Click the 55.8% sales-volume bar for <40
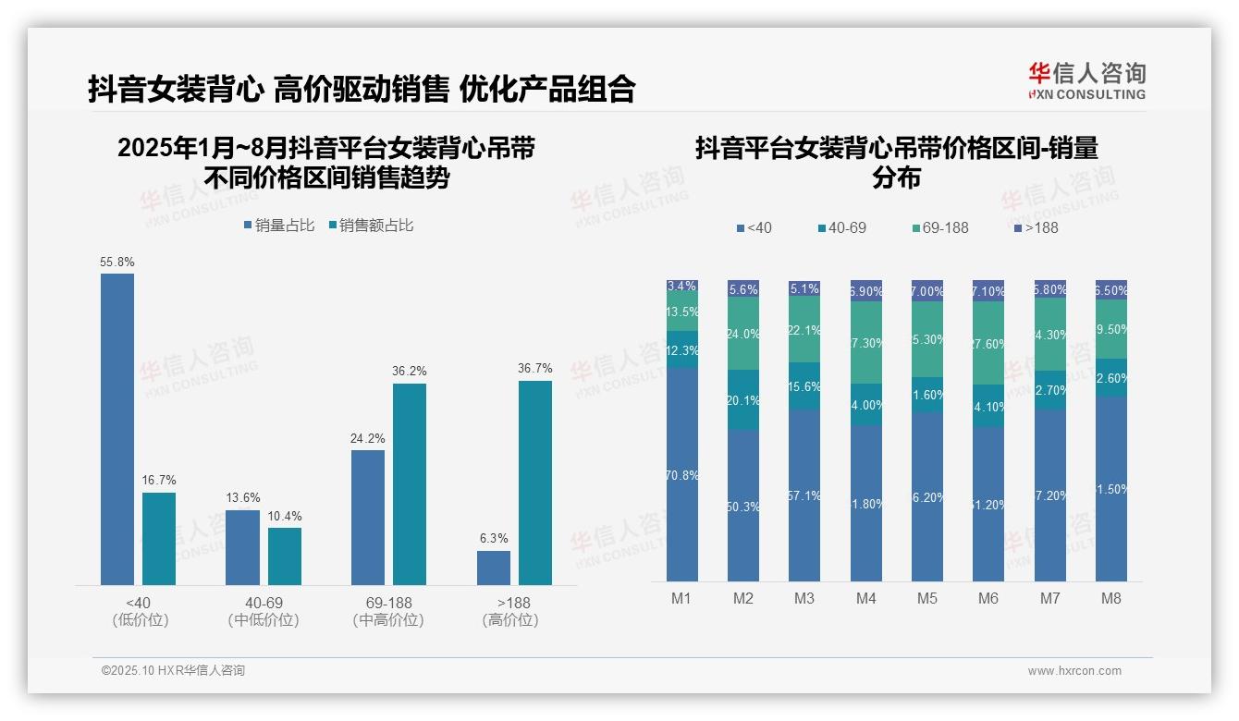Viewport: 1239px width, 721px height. pos(117,429)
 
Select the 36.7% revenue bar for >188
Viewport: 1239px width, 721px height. pos(535,483)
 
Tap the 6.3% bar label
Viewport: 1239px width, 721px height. pos(494,539)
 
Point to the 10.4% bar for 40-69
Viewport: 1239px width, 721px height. pos(285,556)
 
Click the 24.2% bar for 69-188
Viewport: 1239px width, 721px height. pos(368,517)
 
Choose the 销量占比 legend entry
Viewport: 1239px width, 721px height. pos(279,226)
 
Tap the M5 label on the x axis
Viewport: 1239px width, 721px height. pos(927,598)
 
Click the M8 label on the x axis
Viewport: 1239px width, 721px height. pos(1111,598)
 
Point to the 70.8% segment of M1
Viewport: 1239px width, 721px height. pos(682,474)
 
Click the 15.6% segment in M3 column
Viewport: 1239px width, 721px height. pos(804,386)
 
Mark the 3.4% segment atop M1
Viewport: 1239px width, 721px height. pos(682,287)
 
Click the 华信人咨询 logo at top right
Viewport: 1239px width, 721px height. pos(1086,80)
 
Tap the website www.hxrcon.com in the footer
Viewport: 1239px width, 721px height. pos(1074,671)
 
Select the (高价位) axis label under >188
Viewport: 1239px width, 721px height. pos(510,620)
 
